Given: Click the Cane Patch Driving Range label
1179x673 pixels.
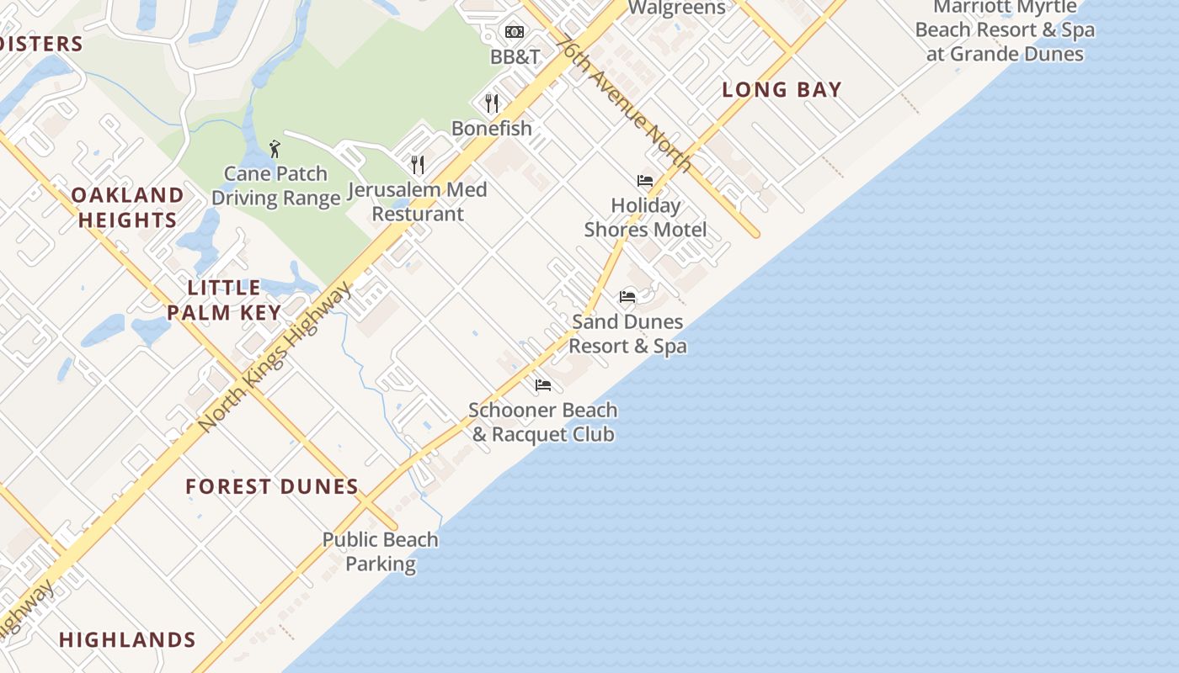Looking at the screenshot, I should [275, 186].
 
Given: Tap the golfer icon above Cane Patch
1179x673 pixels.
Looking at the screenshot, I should [275, 150].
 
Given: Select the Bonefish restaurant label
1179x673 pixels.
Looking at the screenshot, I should [492, 129].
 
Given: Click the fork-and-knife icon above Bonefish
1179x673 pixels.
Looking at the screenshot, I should [492, 103].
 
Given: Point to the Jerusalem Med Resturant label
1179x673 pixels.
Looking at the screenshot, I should [418, 202].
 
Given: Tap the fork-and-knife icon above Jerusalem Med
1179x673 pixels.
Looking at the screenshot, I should [417, 163].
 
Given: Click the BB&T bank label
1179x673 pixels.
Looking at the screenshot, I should [515, 56].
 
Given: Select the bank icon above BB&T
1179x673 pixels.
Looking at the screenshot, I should [515, 32].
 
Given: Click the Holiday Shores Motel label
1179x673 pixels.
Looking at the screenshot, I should [645, 217].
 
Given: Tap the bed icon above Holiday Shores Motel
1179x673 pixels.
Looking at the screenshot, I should [645, 181].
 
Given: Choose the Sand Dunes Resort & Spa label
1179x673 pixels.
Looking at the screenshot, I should [627, 334].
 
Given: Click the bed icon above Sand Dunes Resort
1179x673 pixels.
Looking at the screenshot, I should [627, 296].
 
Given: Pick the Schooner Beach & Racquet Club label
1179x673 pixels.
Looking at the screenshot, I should [543, 422].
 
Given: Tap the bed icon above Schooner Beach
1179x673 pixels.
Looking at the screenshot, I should [543, 385].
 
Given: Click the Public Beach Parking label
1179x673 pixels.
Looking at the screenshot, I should [381, 552].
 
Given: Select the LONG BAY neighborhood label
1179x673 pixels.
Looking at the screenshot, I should [782, 90].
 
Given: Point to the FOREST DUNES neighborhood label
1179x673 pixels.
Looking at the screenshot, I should [272, 486].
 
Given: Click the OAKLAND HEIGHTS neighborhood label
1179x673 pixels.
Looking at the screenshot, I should [127, 208].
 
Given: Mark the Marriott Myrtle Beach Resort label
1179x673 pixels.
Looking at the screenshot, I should [1005, 31].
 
